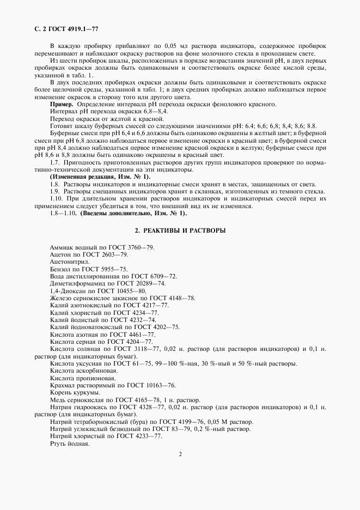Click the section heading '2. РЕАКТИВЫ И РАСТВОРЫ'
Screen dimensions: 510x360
(x=180, y=230)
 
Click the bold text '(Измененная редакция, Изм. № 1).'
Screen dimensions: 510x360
(x=100, y=177)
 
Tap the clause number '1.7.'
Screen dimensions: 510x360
(x=54, y=162)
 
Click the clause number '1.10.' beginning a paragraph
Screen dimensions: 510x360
(x=56, y=198)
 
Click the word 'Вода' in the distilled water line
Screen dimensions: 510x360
(x=56, y=276)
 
